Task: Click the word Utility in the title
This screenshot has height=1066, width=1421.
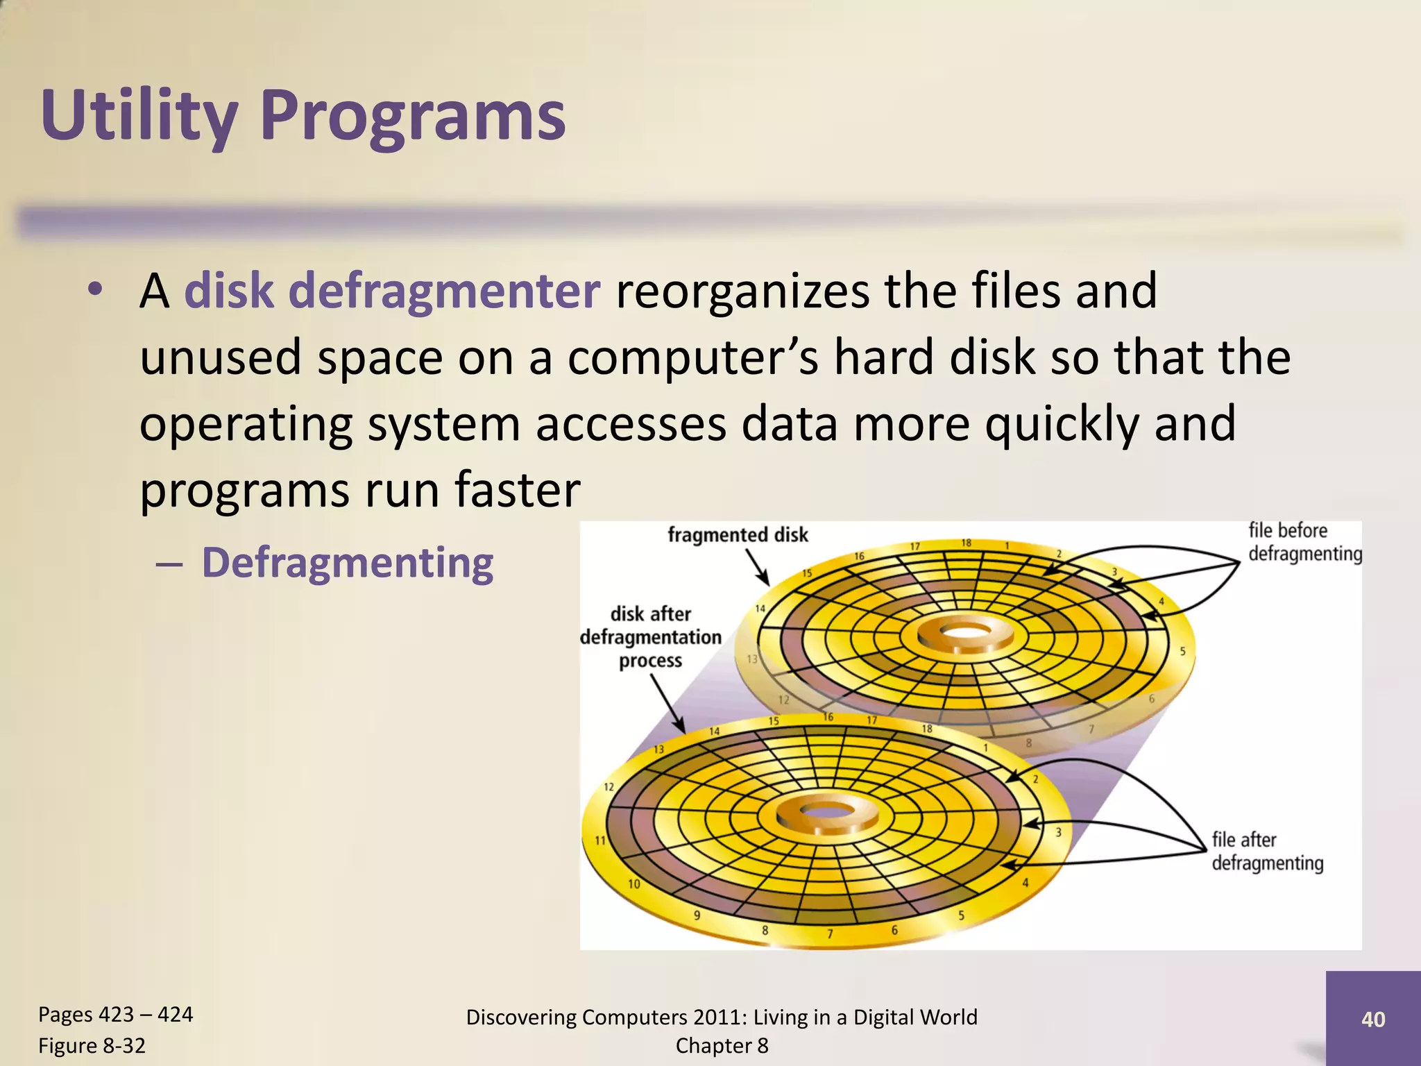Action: click(139, 117)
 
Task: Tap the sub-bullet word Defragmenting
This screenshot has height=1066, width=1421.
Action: click(347, 562)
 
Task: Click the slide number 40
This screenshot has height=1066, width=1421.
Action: click(1372, 1019)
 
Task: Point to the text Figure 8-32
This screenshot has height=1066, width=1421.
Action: click(92, 1045)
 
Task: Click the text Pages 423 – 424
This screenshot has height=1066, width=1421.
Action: click(115, 1014)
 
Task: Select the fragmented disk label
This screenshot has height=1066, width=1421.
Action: click(738, 534)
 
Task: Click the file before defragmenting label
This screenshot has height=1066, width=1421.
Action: click(1304, 542)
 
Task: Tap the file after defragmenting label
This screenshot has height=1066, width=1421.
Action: click(1267, 851)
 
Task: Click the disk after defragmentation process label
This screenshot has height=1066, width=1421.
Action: click(650, 636)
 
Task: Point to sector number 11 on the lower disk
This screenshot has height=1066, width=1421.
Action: click(600, 840)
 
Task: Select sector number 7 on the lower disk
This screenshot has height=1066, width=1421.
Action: click(830, 933)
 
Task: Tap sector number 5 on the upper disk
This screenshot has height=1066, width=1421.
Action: click(1182, 651)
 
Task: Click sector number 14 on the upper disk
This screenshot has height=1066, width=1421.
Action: click(760, 609)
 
